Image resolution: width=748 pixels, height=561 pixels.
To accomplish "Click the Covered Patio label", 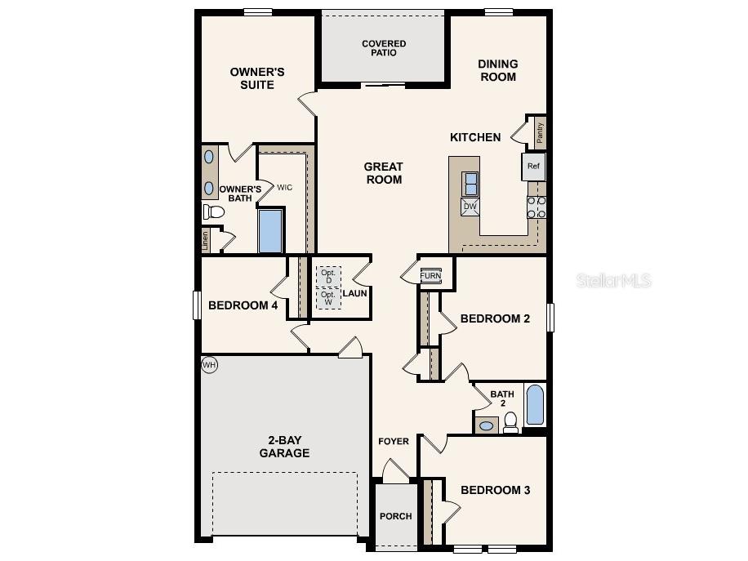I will pyautogui.click(x=384, y=48).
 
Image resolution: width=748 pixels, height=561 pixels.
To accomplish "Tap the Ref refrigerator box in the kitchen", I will pyautogui.click(x=533, y=167).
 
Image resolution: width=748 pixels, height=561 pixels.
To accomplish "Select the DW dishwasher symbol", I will pyautogui.click(x=470, y=207).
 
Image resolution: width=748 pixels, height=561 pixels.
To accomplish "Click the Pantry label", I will pyautogui.click(x=540, y=131).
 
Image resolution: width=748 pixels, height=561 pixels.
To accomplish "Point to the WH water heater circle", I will pyautogui.click(x=209, y=365).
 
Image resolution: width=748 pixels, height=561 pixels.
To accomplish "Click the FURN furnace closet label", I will pyautogui.click(x=430, y=276).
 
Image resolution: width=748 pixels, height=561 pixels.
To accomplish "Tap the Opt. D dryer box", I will pyautogui.click(x=329, y=276).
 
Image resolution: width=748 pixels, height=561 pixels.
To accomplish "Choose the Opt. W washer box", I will pyautogui.click(x=329, y=298).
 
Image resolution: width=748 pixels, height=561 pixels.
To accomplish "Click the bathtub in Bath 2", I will pyautogui.click(x=535, y=406).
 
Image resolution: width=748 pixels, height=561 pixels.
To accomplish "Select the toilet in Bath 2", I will pyautogui.click(x=510, y=421).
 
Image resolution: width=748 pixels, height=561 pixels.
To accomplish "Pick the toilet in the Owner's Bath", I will pyautogui.click(x=214, y=212).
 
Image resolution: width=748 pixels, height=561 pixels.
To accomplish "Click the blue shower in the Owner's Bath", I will pyautogui.click(x=270, y=231).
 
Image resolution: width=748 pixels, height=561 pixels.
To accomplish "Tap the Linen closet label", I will pyautogui.click(x=205, y=240).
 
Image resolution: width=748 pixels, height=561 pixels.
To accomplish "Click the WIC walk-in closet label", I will pyautogui.click(x=284, y=188).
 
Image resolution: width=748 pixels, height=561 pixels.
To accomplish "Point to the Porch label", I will pyautogui.click(x=396, y=516).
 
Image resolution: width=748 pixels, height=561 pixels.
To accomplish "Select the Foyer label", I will pyautogui.click(x=394, y=442).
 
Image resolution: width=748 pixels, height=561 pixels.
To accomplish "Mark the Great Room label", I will pyautogui.click(x=384, y=173).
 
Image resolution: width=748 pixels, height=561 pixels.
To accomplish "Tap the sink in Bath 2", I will pyautogui.click(x=486, y=425).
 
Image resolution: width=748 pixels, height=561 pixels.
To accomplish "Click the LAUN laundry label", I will pyautogui.click(x=354, y=293).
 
